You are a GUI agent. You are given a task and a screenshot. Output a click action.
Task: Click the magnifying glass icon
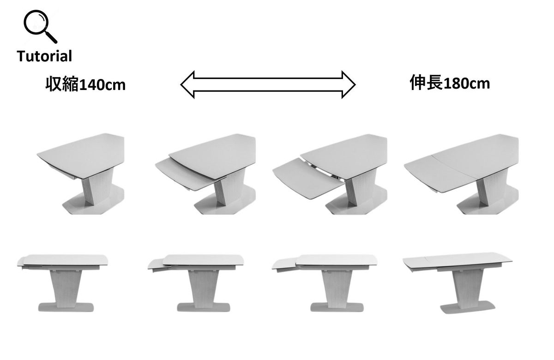pos(40,26)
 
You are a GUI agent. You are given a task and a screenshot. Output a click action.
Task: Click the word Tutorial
pos(44,56)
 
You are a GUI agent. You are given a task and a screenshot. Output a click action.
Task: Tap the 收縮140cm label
pos(85,84)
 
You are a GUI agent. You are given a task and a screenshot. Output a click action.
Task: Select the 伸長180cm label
pos(450,83)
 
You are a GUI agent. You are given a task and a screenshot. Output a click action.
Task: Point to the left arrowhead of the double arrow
pos(187,84)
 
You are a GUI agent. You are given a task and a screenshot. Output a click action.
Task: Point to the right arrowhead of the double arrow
pos(349,84)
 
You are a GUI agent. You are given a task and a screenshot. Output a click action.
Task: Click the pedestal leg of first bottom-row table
pos(66,288)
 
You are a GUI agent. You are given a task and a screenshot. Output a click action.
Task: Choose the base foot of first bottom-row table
pos(66,307)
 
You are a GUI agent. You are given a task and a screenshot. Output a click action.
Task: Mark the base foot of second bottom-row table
pos(204,307)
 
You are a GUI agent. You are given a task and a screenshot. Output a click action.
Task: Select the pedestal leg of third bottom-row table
pos(337,288)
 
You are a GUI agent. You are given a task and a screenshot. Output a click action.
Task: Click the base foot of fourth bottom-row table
pos(467,308)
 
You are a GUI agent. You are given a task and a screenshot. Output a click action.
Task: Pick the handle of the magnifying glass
pos(51,37)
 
